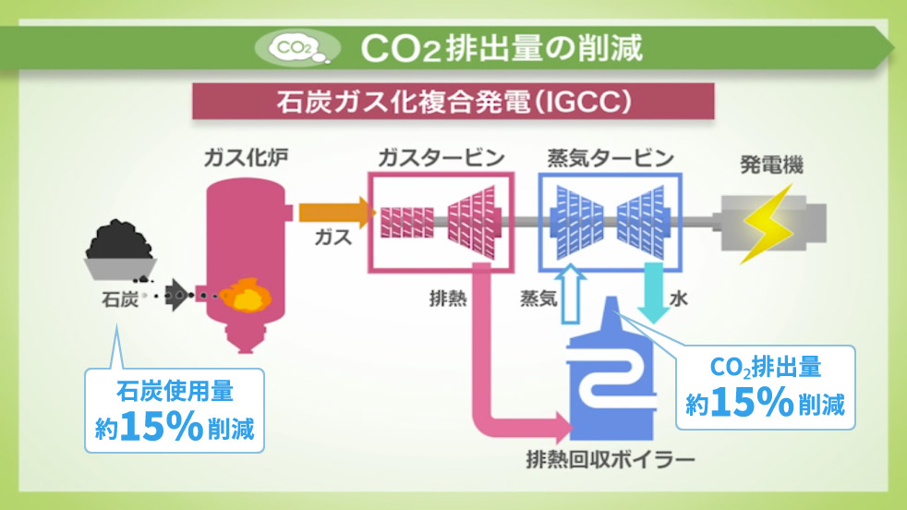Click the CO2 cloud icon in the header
pos(295,45)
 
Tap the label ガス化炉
pos(245,159)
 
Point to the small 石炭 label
pos(119,298)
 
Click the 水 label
pos(679,298)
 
